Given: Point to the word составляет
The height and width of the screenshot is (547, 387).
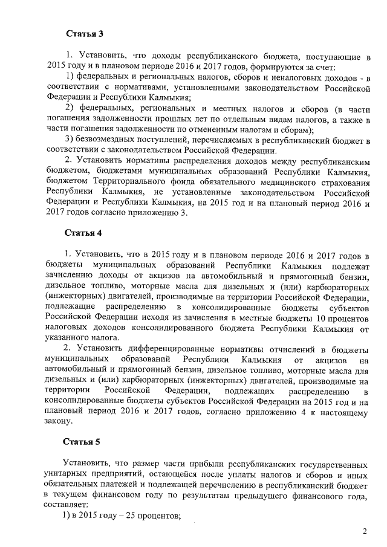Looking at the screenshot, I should pyautogui.click(x=67, y=505).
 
